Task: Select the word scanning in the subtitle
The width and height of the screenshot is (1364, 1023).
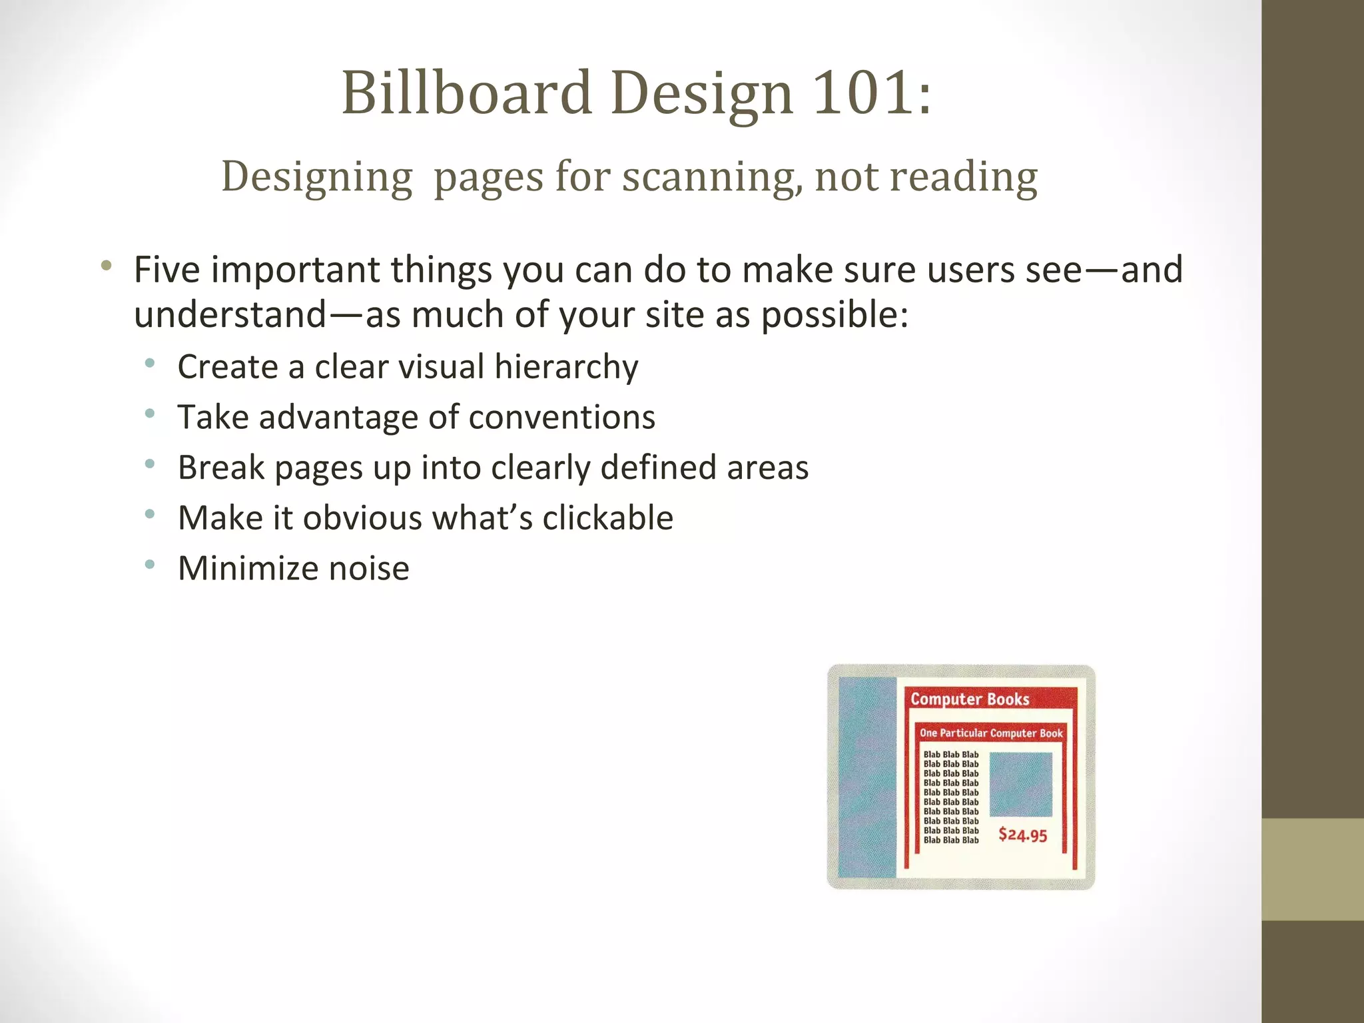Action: [x=713, y=177]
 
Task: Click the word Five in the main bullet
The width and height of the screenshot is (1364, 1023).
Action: [x=167, y=270]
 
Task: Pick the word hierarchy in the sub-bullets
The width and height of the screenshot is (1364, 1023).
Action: [x=566, y=367]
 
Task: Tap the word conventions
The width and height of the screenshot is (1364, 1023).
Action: [x=562, y=418]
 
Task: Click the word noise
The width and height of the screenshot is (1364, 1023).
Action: [x=369, y=569]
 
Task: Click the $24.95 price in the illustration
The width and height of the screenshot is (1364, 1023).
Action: [x=1022, y=835]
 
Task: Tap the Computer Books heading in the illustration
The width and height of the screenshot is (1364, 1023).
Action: [x=970, y=699]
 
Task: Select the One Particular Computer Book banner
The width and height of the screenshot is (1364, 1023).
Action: [x=991, y=733]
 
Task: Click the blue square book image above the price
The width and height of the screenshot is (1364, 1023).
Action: [x=1020, y=784]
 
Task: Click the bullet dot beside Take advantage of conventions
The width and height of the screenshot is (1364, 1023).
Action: [x=150, y=414]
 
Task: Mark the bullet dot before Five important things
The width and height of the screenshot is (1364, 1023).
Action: [x=106, y=266]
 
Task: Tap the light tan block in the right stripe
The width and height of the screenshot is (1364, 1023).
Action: [x=1312, y=869]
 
